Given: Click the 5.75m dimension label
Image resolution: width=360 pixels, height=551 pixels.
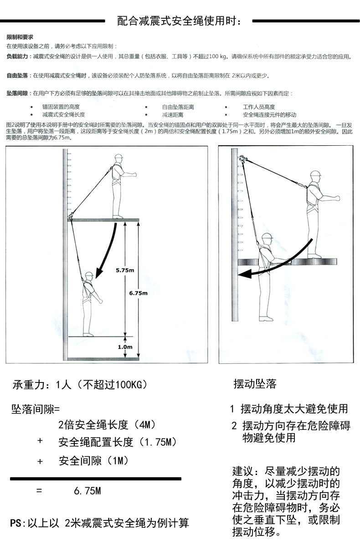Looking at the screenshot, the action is point(124,270).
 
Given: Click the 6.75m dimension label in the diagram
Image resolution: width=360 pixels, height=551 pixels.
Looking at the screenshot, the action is point(139,293).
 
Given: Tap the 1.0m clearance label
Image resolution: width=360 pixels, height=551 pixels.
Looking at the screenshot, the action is point(124,347).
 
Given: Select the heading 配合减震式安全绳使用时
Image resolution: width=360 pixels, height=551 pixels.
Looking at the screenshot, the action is point(180,21).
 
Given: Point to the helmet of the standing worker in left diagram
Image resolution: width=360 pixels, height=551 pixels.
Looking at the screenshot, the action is point(119,158).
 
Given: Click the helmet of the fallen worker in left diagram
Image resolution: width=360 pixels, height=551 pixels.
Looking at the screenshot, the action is point(89,275).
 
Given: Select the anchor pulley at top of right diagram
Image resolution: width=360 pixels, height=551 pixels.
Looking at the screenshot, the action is point(241,160).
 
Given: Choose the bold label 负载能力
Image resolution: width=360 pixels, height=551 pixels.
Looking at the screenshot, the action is point(17,57).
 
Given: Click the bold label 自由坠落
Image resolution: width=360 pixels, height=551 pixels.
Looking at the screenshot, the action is point(17,76).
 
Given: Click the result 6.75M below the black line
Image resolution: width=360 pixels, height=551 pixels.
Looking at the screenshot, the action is point(87,491).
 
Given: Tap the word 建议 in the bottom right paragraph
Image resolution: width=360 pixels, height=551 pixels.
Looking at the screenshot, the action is point(242,470).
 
